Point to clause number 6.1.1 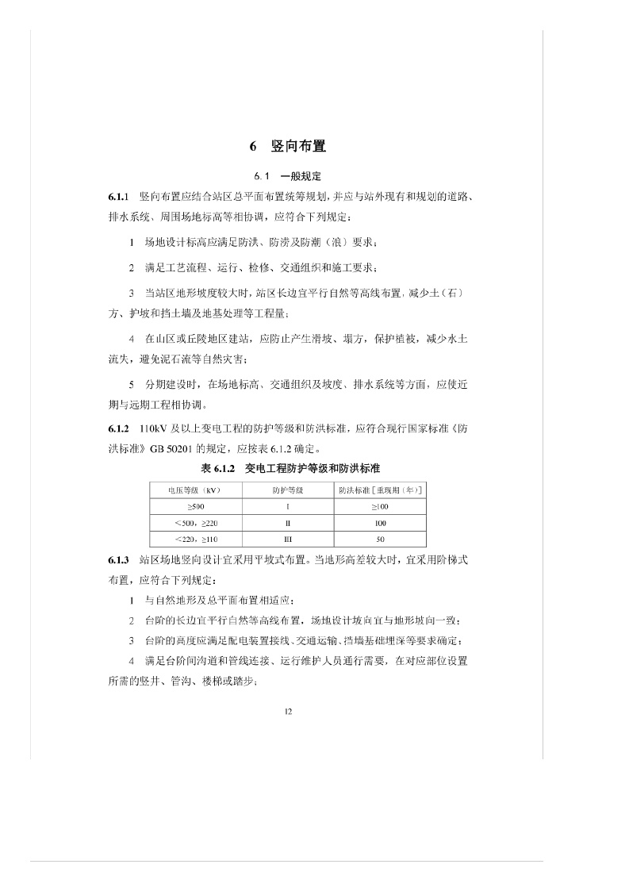[x=118, y=195]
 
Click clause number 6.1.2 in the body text [x=118, y=429]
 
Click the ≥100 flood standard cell [x=380, y=507]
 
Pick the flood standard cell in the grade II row [x=380, y=524]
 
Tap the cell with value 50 [x=380, y=540]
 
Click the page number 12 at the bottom [x=287, y=711]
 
